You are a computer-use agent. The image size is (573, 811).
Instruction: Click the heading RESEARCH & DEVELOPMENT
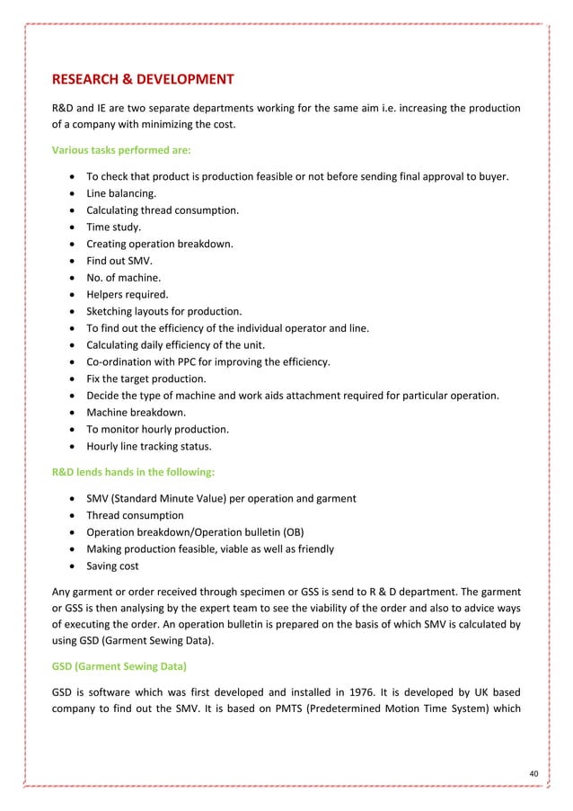144,79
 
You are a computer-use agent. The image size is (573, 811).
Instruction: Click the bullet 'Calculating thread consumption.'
163,210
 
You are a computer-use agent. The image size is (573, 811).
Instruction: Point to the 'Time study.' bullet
113,227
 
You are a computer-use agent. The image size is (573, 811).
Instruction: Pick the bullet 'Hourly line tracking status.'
150,446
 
